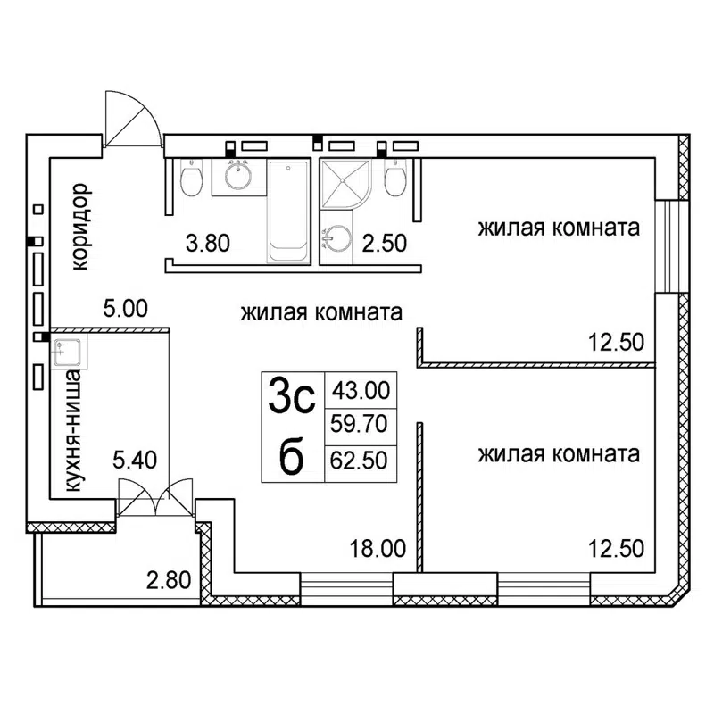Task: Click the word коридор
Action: tap(80, 227)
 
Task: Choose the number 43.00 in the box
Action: tap(360, 390)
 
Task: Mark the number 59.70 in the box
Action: tap(360, 425)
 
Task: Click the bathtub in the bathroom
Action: tap(288, 212)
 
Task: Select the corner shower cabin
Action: tap(341, 184)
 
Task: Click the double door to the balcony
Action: tap(155, 497)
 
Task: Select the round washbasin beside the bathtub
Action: tap(237, 176)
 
